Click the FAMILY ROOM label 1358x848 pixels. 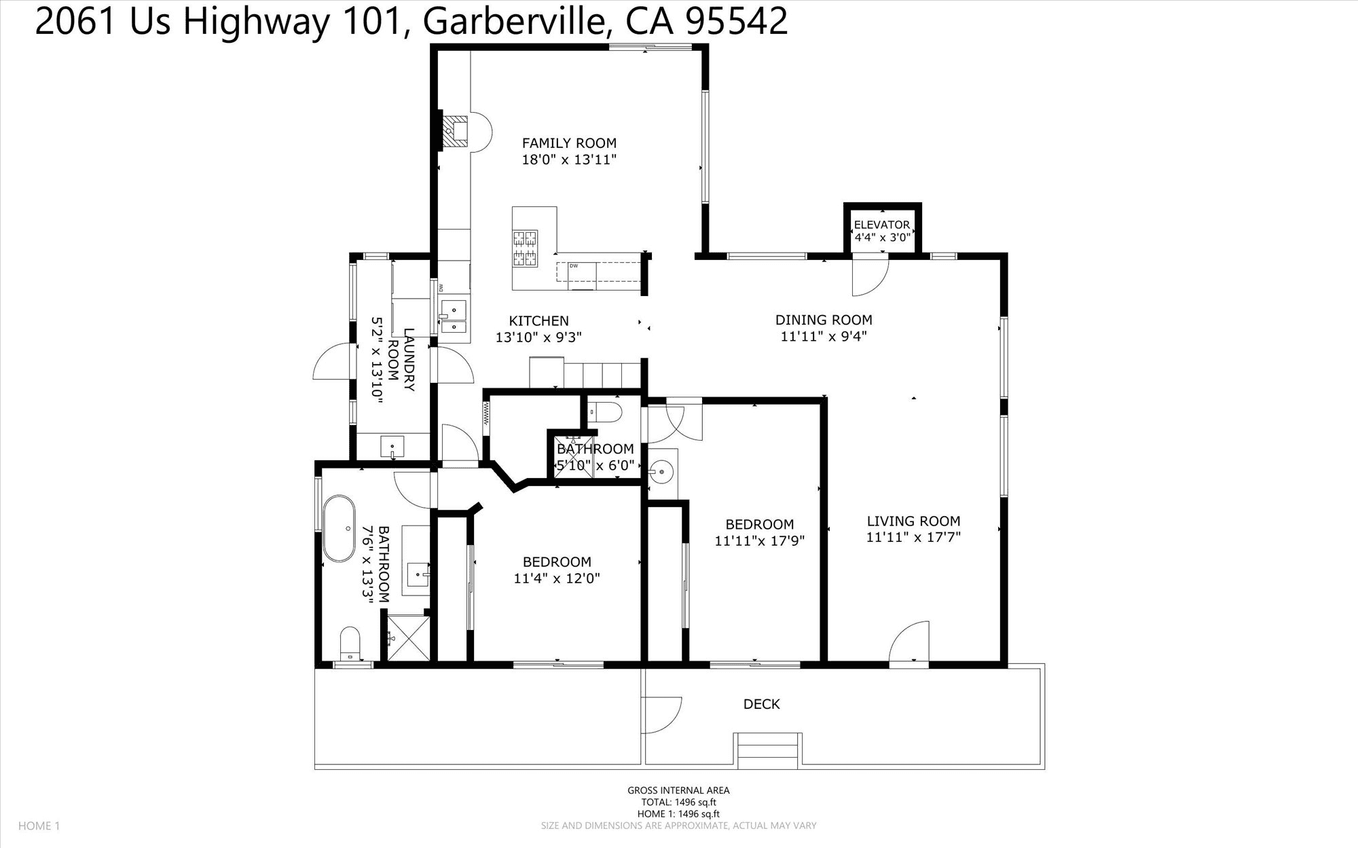pos(569,143)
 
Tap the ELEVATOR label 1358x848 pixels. pos(881,225)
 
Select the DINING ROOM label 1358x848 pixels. pos(824,320)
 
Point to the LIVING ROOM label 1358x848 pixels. pos(913,521)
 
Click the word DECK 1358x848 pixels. pos(762,704)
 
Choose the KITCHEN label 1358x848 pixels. pos(539,321)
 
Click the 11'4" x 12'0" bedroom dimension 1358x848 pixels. pos(557,579)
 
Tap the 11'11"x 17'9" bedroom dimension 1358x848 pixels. pos(759,541)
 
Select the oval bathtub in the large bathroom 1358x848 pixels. pos(338,529)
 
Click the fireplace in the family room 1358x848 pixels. pos(455,131)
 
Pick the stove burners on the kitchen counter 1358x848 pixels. pos(525,248)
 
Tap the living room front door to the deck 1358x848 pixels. pos(909,641)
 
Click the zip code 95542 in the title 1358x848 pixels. pos(737,21)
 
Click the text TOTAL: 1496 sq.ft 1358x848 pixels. pos(678,802)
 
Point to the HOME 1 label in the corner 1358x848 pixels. pos(39,826)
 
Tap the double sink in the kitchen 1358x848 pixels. pos(453,318)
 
